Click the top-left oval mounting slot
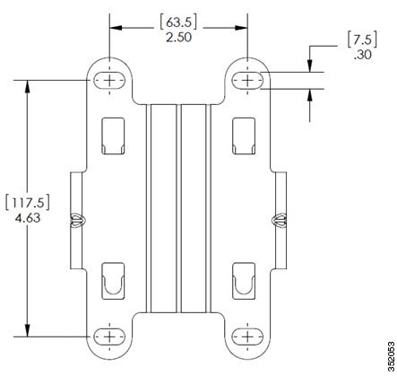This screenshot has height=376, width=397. [109, 80]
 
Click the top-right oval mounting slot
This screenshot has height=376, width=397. [247, 80]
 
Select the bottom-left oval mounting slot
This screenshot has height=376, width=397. [109, 337]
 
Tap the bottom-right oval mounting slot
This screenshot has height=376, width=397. [247, 337]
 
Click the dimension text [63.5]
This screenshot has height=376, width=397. [178, 22]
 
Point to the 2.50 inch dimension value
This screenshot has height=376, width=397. [178, 38]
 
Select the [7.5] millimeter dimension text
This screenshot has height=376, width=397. [362, 39]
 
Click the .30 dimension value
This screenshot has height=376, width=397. [363, 55]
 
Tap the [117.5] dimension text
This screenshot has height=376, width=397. [28, 203]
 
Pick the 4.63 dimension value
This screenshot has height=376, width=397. [28, 218]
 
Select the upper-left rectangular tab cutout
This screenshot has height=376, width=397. [113, 136]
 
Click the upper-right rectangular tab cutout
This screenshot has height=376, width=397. [244, 136]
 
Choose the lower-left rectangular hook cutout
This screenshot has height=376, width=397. [113, 281]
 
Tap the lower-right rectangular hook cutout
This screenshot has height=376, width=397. [244, 281]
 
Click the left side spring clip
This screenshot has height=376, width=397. [78, 221]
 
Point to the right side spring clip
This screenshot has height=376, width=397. [279, 221]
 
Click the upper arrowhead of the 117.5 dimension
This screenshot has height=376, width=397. [28, 87]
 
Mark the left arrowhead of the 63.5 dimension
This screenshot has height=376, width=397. [117, 28]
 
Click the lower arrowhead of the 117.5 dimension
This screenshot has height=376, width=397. [28, 330]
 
